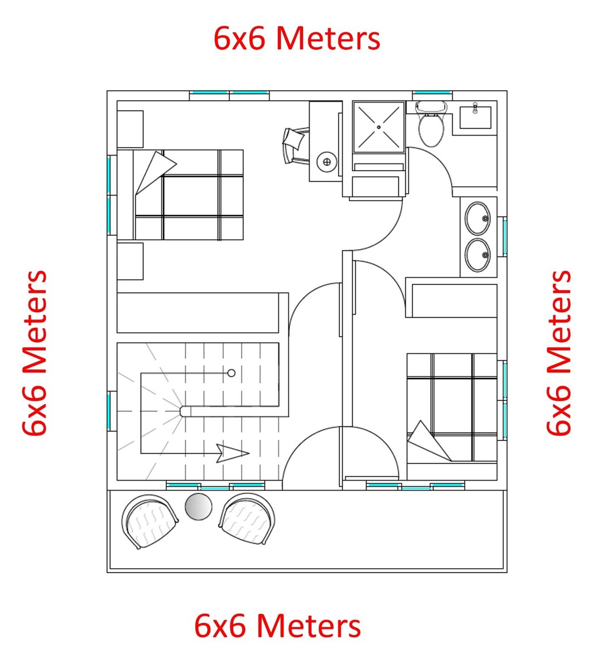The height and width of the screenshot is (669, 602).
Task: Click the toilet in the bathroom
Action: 431,127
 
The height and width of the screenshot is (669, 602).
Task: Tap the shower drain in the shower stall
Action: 379,127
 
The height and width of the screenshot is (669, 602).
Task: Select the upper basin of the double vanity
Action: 478,218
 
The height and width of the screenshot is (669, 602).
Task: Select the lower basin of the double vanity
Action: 478,255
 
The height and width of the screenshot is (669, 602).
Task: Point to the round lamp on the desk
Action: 327,162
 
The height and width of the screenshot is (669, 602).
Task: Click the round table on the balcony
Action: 198,507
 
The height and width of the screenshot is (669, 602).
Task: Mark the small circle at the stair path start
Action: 232,373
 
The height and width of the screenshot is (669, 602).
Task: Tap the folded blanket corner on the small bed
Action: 428,442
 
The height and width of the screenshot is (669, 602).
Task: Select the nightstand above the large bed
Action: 130,129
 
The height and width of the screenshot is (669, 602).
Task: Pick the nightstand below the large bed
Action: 130,261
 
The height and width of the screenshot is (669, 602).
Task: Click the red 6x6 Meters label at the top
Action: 297,39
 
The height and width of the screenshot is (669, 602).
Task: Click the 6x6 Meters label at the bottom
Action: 277,626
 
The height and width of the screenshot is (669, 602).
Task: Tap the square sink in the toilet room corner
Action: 475,118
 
